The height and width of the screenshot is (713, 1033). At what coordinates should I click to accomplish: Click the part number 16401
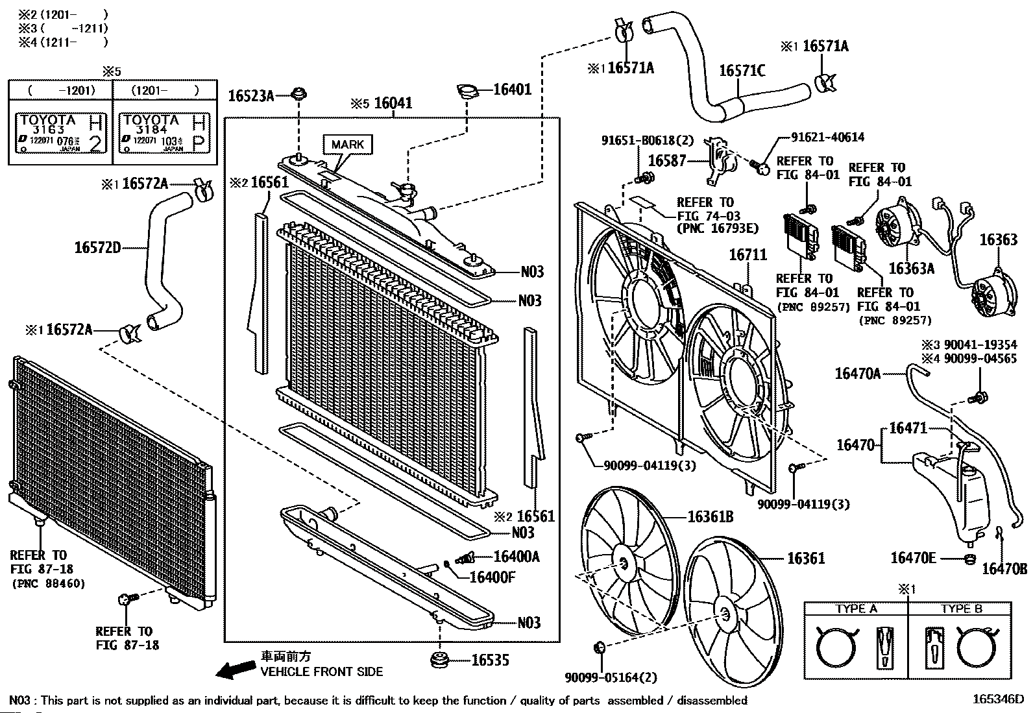[513, 90]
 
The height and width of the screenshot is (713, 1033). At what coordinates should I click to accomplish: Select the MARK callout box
[348, 144]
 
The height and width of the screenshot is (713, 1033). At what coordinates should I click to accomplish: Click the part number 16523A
[250, 96]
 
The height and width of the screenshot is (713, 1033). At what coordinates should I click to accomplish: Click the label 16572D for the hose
[97, 247]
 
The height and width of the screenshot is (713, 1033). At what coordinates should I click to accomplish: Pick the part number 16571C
[742, 70]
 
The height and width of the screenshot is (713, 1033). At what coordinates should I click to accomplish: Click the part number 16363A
[911, 268]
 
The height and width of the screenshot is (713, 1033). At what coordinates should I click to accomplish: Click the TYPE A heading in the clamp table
[856, 609]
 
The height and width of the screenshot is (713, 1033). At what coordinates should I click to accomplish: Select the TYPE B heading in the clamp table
[962, 609]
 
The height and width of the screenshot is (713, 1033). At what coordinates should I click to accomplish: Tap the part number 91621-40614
[827, 138]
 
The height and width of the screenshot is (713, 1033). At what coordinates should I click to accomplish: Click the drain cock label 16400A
[516, 557]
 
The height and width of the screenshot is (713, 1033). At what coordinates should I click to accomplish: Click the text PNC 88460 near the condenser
[49, 583]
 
